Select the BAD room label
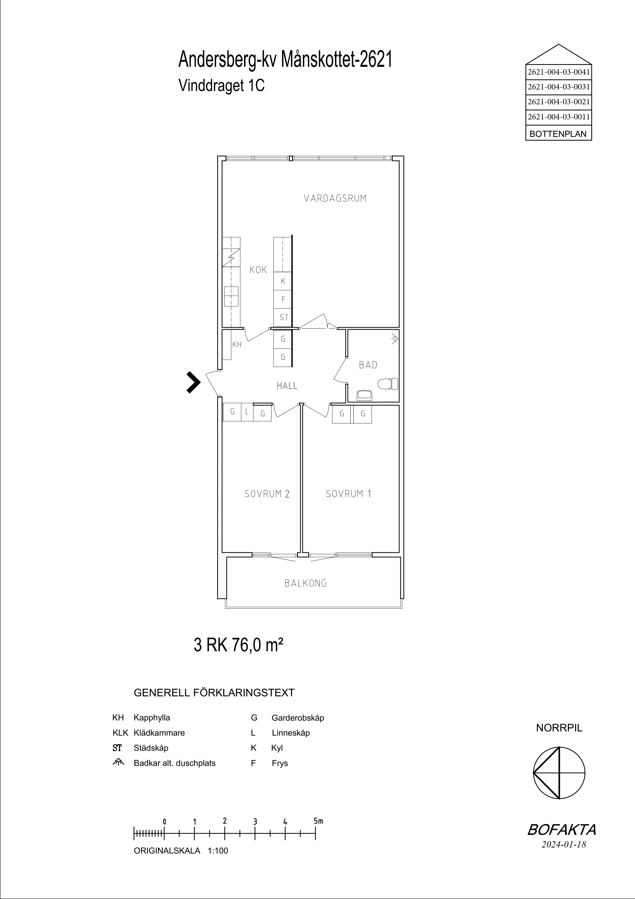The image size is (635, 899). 368,365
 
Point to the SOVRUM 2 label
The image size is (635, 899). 267,494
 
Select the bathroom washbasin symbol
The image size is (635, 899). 365,395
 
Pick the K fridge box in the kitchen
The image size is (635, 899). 283,281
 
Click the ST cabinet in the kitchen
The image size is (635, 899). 283,318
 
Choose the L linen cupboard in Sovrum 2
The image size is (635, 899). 247,412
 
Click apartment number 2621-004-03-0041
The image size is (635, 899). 559,72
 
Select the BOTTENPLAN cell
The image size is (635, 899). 558,134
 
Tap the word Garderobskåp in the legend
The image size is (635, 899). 298,718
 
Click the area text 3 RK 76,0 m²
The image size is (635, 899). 238,645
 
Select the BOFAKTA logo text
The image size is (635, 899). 562,841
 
